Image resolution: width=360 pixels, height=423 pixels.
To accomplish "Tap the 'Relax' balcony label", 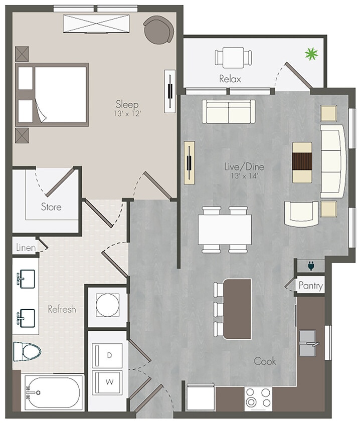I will pyautogui.click(x=230, y=79).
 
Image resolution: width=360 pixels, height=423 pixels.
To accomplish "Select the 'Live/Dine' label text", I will pyautogui.click(x=244, y=167).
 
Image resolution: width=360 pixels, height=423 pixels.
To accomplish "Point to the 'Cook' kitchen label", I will pyautogui.click(x=265, y=361).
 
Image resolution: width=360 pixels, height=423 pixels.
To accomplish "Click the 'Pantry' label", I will pyautogui.click(x=310, y=286).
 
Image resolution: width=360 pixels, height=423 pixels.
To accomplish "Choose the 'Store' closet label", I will pyautogui.click(x=51, y=206).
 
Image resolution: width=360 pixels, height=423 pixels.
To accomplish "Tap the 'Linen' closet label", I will pyautogui.click(x=25, y=247).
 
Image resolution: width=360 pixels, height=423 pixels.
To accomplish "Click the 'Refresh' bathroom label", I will pyautogui.click(x=62, y=309).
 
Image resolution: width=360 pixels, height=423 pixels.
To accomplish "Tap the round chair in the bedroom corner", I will pyautogui.click(x=157, y=29).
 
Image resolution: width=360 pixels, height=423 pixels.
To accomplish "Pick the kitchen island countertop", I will pyautogui.click(x=237, y=308).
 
